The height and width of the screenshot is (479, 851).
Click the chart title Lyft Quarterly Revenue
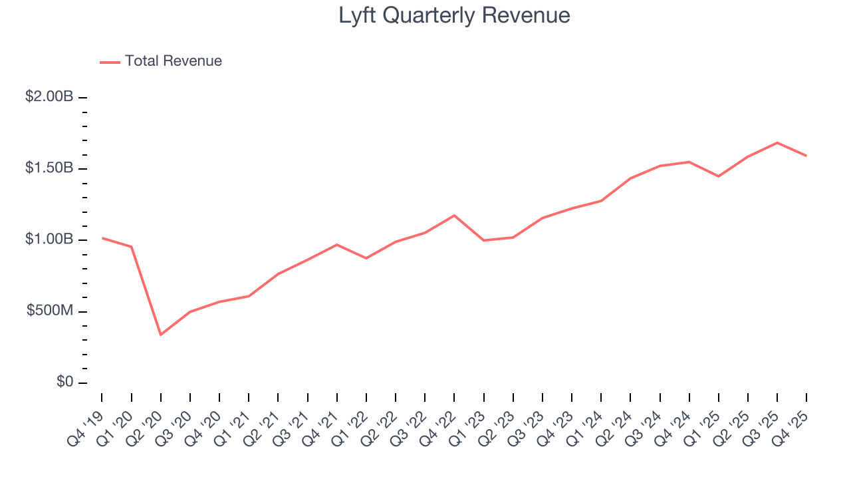click(x=454, y=15)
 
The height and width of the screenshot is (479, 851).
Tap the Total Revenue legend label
click(x=173, y=61)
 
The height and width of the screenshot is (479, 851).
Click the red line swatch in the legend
click(x=110, y=62)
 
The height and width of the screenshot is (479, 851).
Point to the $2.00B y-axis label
click(x=49, y=97)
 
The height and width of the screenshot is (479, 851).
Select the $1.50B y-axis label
click(x=49, y=168)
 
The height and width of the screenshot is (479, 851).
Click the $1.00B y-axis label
click(x=49, y=239)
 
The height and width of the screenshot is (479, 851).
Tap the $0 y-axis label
click(x=64, y=383)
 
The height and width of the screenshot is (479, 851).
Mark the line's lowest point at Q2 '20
click(x=160, y=335)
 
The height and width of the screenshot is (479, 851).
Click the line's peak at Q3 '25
click(x=777, y=142)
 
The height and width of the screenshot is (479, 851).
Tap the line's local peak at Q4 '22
click(x=454, y=215)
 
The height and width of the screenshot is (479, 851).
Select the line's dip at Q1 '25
click(x=719, y=176)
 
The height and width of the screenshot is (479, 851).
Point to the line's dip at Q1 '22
click(x=366, y=258)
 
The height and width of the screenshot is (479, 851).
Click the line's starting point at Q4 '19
click(x=102, y=238)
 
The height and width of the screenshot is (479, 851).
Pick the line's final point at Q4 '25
click(x=806, y=156)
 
